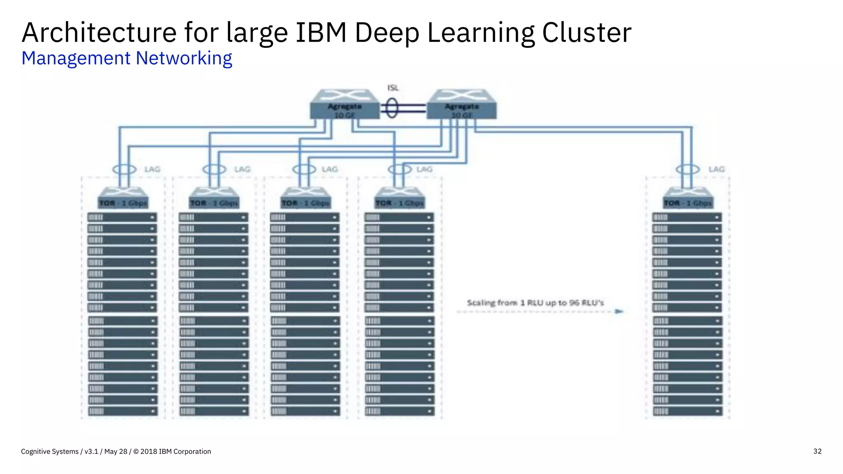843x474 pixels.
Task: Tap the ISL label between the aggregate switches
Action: click(393, 88)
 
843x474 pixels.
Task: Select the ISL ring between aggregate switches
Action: click(391, 108)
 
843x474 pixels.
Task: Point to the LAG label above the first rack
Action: click(152, 169)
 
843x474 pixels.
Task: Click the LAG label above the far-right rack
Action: click(716, 169)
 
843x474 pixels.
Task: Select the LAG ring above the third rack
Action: click(304, 169)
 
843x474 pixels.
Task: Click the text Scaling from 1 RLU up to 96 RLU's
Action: click(535, 303)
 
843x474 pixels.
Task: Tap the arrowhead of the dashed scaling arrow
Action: click(619, 311)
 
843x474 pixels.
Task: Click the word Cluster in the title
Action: click(587, 33)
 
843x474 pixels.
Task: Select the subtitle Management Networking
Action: click(127, 58)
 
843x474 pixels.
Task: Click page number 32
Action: click(817, 451)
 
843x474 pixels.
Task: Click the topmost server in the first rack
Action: click(122, 217)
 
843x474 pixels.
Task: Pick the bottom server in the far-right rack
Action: click(687, 411)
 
